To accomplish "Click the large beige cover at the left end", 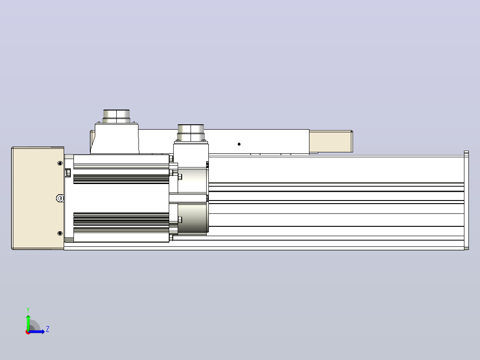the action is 38,198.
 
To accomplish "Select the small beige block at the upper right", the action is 331,141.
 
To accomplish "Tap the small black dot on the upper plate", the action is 239,144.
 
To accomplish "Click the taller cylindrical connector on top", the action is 116,116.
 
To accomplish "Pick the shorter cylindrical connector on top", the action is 191,133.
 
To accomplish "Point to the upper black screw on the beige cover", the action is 60,164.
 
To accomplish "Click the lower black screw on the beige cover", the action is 60,233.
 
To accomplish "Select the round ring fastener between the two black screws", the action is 60,198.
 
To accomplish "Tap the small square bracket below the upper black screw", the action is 68,173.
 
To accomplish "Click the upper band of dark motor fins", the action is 121,179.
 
